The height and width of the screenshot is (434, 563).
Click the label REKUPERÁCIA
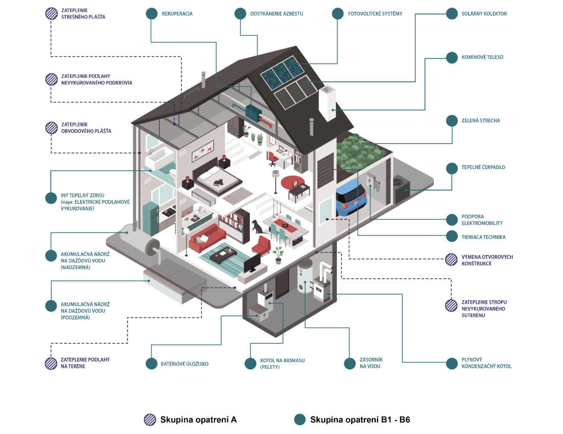[x=177, y=14]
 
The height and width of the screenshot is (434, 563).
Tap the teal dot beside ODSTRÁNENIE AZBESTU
[x=240, y=14]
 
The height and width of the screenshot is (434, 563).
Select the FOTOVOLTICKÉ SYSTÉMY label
[x=375, y=14]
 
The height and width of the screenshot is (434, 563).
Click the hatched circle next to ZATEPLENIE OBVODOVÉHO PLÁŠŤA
[x=51, y=128]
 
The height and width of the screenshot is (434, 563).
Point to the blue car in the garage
[x=351, y=197]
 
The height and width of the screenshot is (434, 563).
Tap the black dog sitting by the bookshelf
[x=257, y=226]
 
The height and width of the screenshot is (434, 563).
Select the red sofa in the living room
[x=207, y=238]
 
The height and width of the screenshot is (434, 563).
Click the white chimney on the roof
[x=327, y=104]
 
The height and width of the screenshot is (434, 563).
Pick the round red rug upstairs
[x=292, y=183]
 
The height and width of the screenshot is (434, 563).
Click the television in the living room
[x=252, y=263]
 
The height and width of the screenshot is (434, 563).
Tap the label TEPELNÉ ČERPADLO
[x=483, y=167]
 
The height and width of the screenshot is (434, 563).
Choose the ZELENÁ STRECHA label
[x=480, y=120]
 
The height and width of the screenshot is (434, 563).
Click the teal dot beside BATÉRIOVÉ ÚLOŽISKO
[x=152, y=363]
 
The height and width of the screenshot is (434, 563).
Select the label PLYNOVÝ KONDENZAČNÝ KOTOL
[x=486, y=363]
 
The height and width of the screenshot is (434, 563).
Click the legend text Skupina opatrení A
[x=198, y=420]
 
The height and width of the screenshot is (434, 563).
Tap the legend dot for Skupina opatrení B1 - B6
[x=299, y=419]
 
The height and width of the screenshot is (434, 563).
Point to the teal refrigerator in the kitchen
[x=151, y=219]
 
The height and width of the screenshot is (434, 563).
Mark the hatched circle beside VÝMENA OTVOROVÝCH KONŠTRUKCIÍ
[x=451, y=259]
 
